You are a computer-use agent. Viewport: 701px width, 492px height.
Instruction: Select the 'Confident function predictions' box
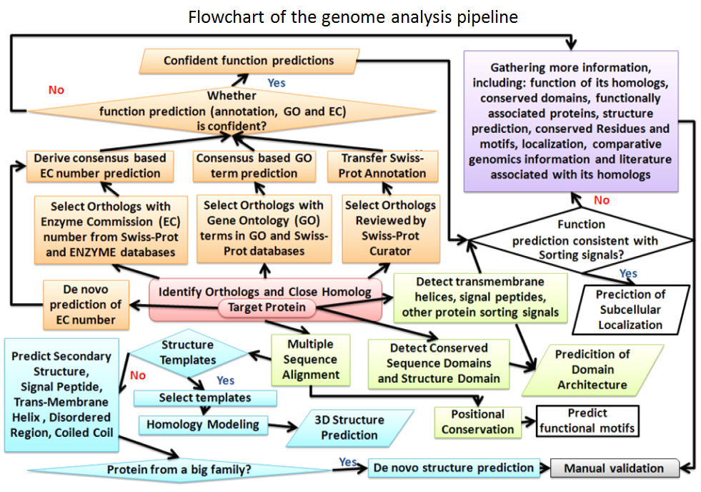pyautogui.click(x=248, y=61)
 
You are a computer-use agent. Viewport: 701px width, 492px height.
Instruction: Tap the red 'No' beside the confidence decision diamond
pyautogui.click(x=55, y=90)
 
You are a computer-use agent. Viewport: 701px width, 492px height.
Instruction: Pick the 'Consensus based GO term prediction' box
pyautogui.click(x=254, y=165)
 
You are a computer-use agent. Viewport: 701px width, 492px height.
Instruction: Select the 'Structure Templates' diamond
pyautogui.click(x=188, y=352)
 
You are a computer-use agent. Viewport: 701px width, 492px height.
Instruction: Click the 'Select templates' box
pyautogui.click(x=205, y=397)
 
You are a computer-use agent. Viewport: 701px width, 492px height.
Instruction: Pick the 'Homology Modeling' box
pyautogui.click(x=203, y=424)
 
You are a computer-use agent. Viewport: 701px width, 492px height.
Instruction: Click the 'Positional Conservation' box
pyautogui.click(x=477, y=422)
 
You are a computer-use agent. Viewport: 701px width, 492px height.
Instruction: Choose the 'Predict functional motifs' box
pyautogui.click(x=587, y=421)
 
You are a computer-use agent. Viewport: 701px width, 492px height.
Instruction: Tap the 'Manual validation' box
pyautogui.click(x=614, y=468)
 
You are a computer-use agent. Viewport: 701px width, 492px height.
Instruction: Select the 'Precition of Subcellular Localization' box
pyautogui.click(x=630, y=310)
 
